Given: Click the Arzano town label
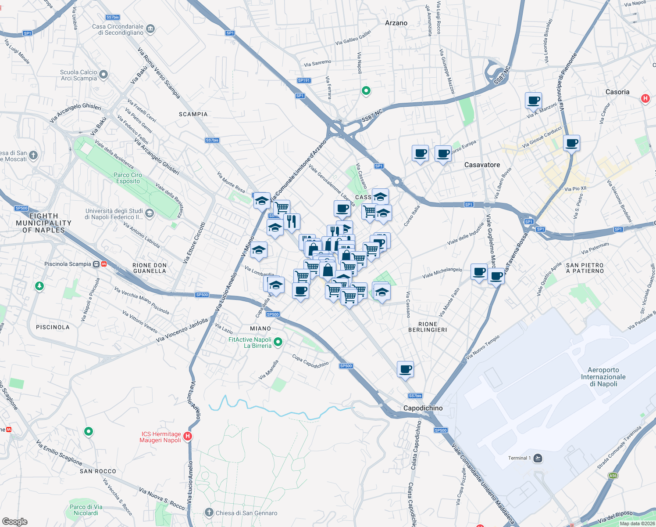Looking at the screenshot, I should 396,23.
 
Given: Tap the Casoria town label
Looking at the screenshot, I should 617,92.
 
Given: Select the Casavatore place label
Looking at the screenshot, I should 482,165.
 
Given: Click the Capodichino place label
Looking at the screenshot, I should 423,408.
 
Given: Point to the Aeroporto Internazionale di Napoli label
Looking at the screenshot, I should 603,377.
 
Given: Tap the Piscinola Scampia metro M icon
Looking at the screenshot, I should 104,264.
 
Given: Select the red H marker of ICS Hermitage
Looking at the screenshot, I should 188,436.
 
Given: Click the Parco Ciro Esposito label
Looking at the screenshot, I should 128,178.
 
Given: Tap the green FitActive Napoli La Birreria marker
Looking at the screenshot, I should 278,342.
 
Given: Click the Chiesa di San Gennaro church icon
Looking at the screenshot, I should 209,513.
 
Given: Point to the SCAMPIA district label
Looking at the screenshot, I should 193,114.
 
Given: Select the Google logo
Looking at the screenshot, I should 15,521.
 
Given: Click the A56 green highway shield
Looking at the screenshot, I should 613,476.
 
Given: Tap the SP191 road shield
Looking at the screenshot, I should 304,80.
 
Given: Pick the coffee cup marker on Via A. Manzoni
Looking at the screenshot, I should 533,100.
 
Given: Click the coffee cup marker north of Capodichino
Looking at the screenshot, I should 405,369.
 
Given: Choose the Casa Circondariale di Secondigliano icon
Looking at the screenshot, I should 150,29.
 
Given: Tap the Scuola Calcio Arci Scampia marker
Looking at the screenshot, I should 103,75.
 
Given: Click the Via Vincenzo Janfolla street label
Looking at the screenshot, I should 182,330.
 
